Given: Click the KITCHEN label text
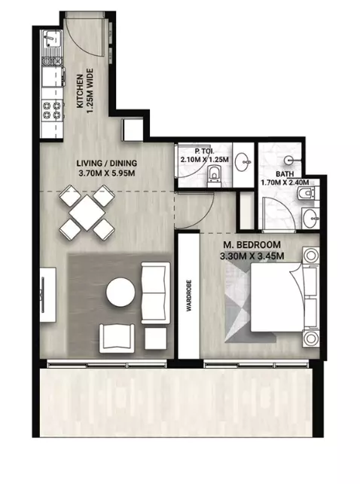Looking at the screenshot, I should pyautogui.click(x=80, y=90).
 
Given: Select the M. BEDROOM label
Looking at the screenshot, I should pyautogui.click(x=252, y=246).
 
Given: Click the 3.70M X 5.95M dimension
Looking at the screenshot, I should pyautogui.click(x=106, y=173).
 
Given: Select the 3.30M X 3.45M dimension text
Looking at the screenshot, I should pyautogui.click(x=252, y=257).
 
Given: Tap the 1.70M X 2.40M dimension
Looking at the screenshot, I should pyautogui.click(x=285, y=182).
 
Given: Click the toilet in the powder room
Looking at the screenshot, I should pyautogui.click(x=214, y=176).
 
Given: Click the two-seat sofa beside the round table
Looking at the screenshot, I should pyautogui.click(x=155, y=289).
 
